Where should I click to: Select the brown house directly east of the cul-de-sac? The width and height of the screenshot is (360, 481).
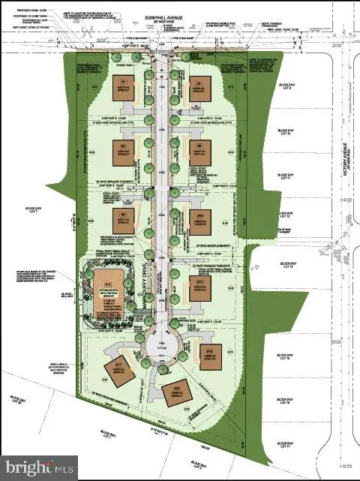210,352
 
